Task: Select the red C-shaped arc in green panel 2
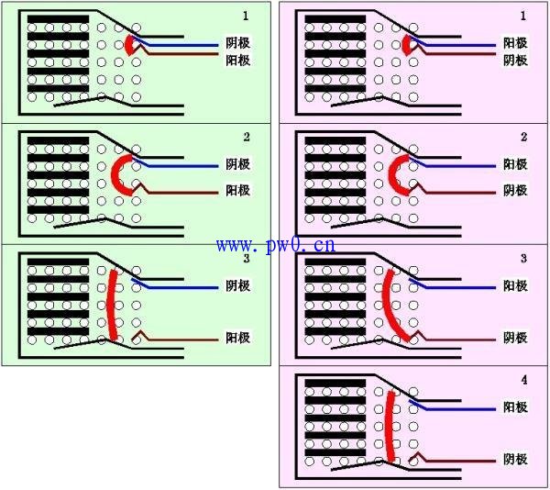(x=116, y=173)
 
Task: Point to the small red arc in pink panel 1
(x=406, y=45)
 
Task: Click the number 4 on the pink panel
(x=523, y=379)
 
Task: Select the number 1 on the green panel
(x=245, y=17)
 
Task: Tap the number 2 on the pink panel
(x=523, y=137)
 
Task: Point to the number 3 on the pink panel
(x=523, y=259)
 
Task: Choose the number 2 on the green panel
(x=246, y=137)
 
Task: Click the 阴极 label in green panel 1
(x=237, y=44)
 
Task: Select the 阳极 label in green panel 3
(x=237, y=338)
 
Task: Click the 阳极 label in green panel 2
(x=237, y=191)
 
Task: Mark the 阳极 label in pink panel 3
(x=515, y=338)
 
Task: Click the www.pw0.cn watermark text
(x=275, y=245)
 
